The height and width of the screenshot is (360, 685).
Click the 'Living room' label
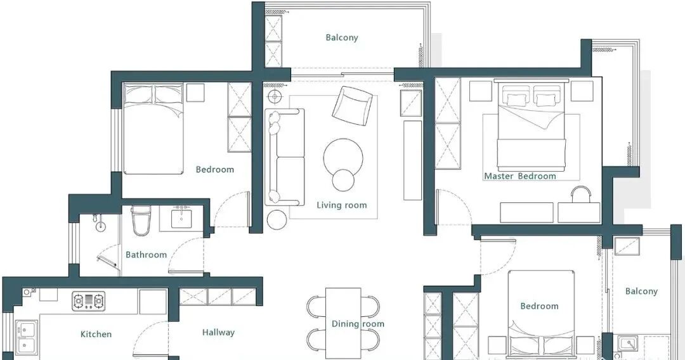(342, 205)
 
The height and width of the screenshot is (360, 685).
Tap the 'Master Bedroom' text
(520, 176)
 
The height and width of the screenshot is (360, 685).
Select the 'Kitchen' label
(96, 334)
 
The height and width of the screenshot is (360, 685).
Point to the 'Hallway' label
(218, 333)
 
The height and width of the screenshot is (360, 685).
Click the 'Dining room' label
(358, 324)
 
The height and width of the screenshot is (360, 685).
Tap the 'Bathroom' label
(147, 255)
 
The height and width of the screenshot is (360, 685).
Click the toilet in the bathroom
(141, 221)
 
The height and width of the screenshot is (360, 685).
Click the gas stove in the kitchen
(89, 301)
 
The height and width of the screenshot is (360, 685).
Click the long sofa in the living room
(284, 157)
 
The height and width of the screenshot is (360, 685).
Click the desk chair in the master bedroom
(580, 194)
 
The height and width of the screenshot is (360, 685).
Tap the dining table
(343, 323)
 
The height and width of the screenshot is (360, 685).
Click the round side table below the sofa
(277, 219)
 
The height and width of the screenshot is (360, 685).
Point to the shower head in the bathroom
(101, 223)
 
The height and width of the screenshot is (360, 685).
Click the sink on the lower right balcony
(628, 344)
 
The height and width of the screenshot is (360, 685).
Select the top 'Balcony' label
(342, 37)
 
